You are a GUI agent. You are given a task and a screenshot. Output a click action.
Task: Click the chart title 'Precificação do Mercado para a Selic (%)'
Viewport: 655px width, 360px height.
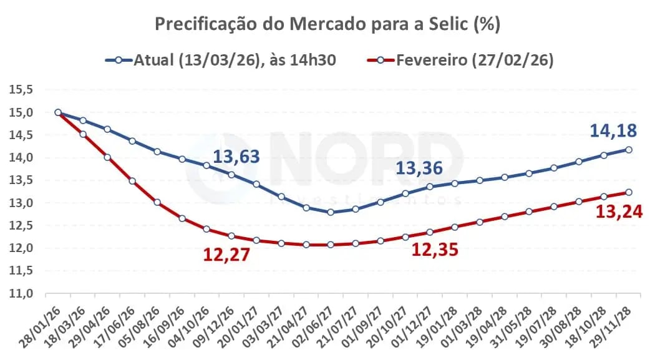327,24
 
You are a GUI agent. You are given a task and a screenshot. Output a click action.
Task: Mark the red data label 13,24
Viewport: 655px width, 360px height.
619,212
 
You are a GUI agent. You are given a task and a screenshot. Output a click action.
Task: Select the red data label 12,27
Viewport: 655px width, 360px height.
226,254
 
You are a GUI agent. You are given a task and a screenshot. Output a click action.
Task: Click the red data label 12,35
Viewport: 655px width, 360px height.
435,250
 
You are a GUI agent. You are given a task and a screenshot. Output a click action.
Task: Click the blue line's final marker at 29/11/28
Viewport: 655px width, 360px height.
628,150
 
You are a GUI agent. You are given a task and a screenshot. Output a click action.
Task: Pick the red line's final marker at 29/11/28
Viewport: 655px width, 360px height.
628,192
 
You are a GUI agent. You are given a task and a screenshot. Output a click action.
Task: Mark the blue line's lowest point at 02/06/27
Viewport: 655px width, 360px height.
330,212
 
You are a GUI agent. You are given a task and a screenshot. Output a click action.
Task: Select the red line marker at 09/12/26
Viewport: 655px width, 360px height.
231,236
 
